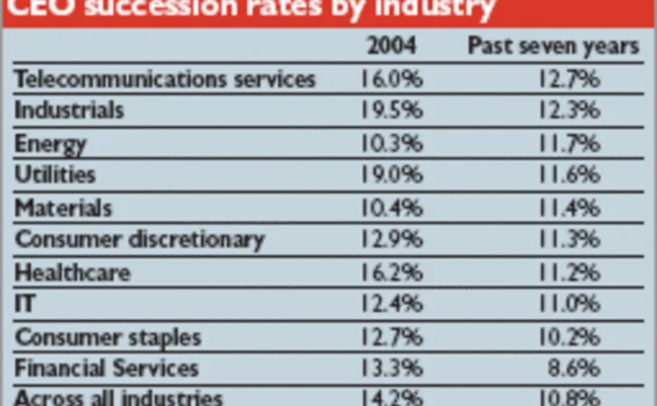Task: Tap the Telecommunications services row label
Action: [x=165, y=79]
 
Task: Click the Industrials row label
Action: [x=70, y=111]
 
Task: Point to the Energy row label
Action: [x=52, y=144]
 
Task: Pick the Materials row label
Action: [x=64, y=208]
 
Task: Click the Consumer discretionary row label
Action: [x=140, y=239]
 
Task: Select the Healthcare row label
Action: [x=73, y=272]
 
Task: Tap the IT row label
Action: [x=26, y=304]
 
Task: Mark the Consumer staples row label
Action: [x=109, y=337]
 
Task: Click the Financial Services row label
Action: [x=107, y=368]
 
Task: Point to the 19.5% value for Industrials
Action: [x=391, y=111]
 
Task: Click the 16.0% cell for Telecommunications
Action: [x=391, y=79]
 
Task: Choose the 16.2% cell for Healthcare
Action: [x=391, y=272]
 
